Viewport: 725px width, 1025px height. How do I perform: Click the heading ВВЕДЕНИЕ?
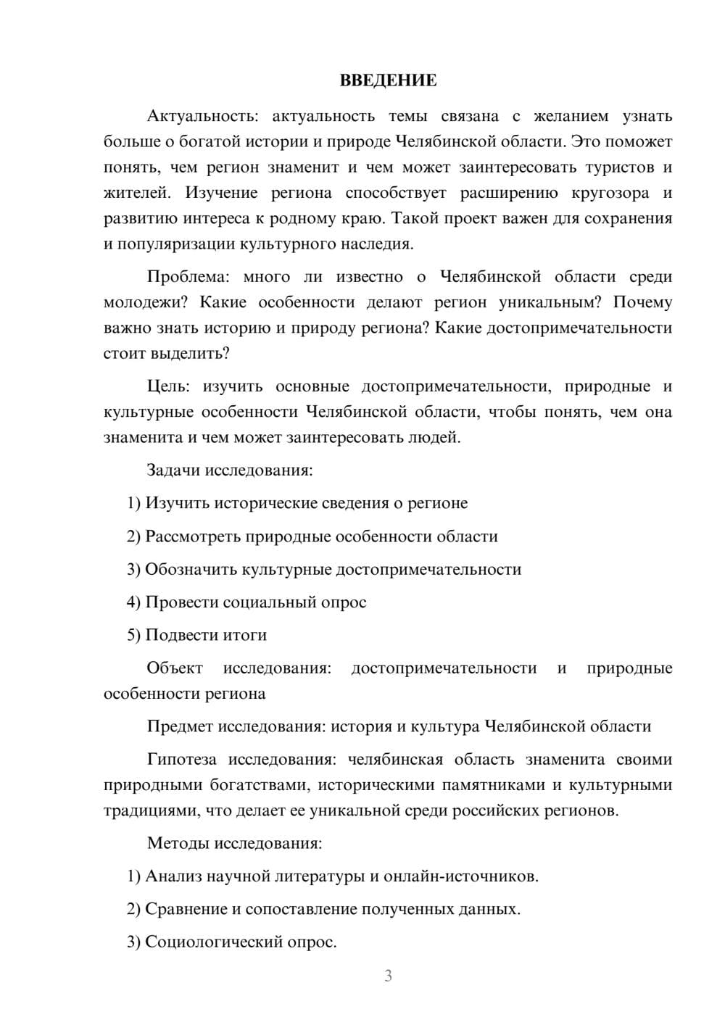pos(388,80)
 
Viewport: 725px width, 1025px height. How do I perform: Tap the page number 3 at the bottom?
pos(388,976)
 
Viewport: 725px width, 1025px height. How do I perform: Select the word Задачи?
pos(173,470)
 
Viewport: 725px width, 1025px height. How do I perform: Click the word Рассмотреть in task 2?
pos(194,536)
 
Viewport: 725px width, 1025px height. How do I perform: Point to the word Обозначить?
pos(191,569)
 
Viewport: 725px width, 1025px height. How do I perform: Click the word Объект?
pos(175,668)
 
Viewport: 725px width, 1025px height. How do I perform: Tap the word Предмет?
pos(180,726)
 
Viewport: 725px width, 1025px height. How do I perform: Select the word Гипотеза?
pos(181,760)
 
